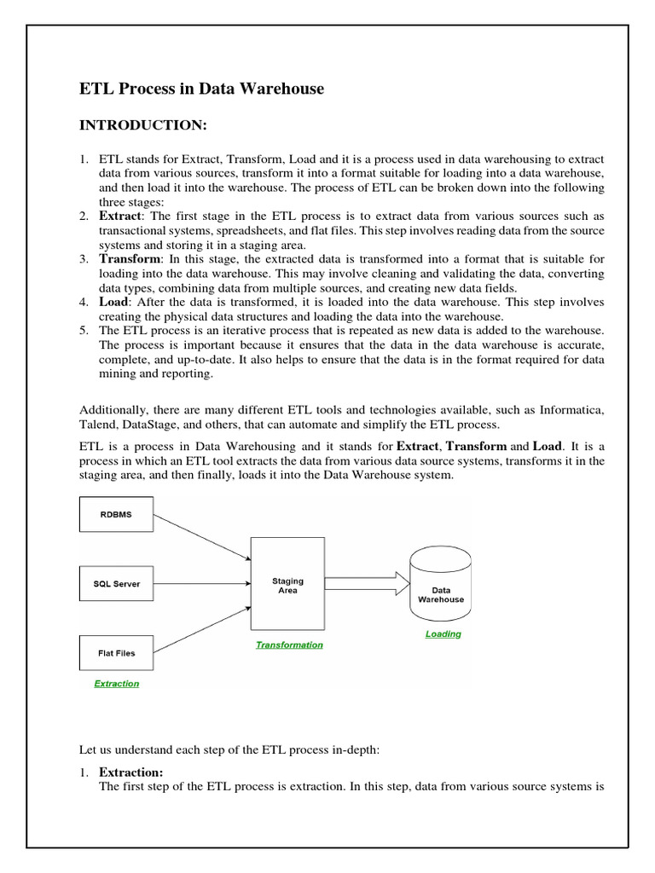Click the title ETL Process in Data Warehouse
[201, 89]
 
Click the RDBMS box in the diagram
[116, 514]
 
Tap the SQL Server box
[116, 584]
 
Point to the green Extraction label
[116, 684]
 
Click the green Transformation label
[289, 645]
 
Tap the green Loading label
[443, 634]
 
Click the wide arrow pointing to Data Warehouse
[366, 584]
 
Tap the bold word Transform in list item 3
[129, 258]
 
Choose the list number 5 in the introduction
[84, 330]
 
